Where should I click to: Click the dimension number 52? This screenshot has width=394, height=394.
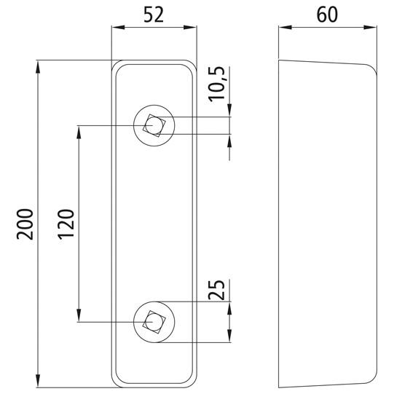[x=154, y=15]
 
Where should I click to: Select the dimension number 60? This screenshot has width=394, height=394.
[x=327, y=15]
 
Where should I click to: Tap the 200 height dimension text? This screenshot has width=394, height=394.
[x=25, y=224]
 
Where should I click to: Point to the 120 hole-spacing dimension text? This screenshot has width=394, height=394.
[x=66, y=224]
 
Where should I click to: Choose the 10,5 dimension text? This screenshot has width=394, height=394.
[x=217, y=84]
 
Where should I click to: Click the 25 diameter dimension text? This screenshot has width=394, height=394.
[x=217, y=290]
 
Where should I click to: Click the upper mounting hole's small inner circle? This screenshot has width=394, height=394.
[x=154, y=125]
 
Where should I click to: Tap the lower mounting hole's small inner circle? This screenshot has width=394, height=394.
[x=154, y=322]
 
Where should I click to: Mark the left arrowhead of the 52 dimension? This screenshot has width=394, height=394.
[x=118, y=27]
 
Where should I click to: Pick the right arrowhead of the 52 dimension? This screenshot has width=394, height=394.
[x=190, y=27]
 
